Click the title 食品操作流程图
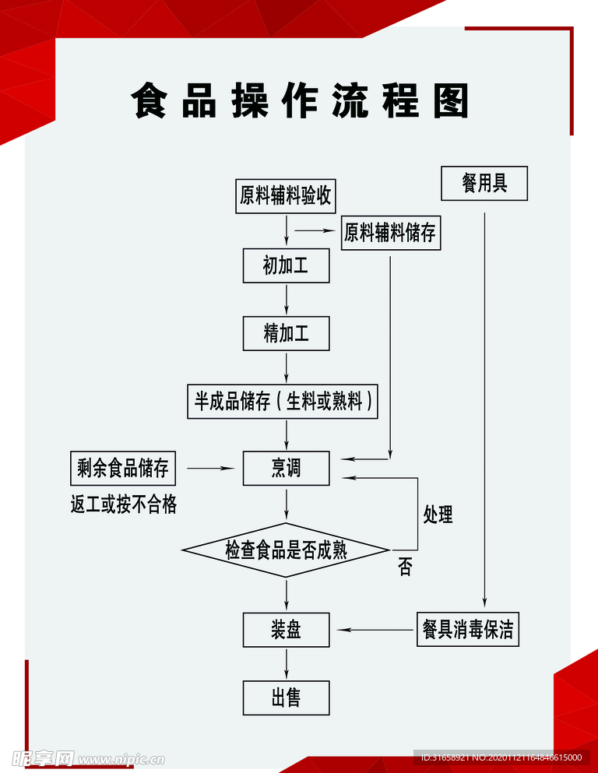coord(300,101)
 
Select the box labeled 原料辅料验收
coord(286,195)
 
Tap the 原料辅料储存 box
coord(391,233)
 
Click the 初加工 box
coord(286,265)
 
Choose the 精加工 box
coord(286,334)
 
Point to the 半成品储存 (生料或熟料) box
coord(283,402)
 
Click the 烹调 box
coord(286,468)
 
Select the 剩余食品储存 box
coord(122,469)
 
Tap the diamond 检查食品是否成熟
coord(286,550)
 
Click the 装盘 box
coord(286,630)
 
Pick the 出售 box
coord(286,697)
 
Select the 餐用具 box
coord(484,184)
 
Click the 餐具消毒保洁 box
coord(467,629)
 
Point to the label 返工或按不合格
coord(124,505)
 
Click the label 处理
coord(438,514)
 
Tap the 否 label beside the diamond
coord(405,567)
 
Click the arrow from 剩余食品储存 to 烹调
coord(210,469)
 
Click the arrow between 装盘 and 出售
coord(287,664)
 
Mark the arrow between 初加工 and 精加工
coord(287,299)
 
